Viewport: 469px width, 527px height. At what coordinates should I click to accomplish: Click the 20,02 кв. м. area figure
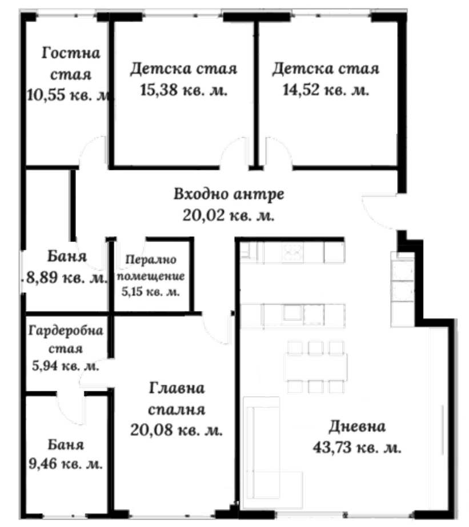[229, 215]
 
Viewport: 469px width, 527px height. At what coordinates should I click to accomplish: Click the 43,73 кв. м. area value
[357, 449]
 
